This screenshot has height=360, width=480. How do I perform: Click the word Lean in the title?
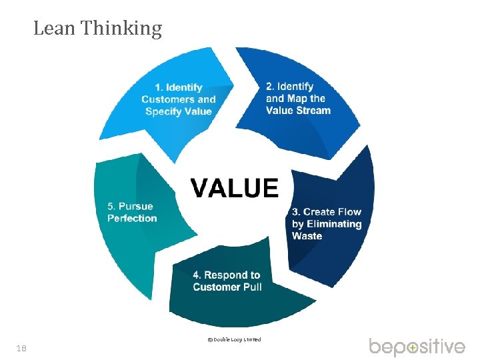[x=55, y=28]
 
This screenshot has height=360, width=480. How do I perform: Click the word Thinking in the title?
[x=122, y=29]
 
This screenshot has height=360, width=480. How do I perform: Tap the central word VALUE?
[x=234, y=187]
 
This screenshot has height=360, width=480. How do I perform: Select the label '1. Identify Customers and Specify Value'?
[x=179, y=99]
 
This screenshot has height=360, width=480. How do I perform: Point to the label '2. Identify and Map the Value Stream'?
[x=298, y=98]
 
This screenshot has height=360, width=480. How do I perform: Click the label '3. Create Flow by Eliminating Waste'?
[x=327, y=224]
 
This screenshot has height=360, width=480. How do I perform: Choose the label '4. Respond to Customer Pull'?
[x=227, y=281]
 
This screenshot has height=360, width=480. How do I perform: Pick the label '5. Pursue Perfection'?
[x=132, y=212]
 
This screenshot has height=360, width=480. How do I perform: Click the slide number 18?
[x=22, y=348]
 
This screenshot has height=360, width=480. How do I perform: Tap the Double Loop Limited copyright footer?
[x=234, y=339]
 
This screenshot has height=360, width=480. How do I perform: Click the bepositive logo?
[x=417, y=347]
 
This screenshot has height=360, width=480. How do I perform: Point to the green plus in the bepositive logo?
[x=413, y=347]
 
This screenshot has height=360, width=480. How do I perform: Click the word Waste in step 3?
[x=307, y=236]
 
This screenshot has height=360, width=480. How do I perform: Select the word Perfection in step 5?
[x=132, y=218]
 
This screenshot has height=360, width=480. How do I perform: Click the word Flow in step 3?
[x=349, y=212]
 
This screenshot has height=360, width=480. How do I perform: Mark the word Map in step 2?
[x=297, y=98]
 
